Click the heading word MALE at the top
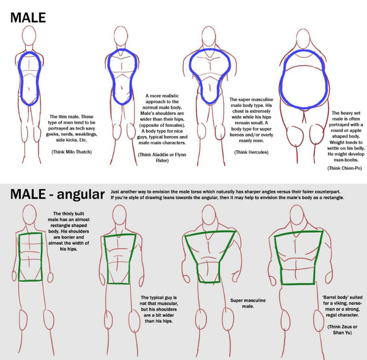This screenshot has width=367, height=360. click(28, 18)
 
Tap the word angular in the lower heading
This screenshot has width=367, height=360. click(81, 195)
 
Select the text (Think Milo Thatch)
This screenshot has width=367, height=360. click(72, 152)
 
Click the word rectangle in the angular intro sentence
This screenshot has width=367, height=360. click(333, 198)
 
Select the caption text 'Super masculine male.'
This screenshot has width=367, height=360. click(248, 303)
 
